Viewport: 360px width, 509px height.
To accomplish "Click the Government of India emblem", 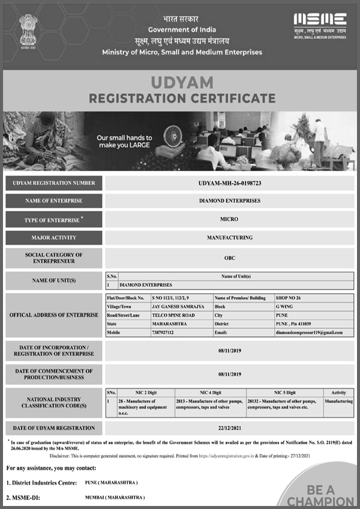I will [28, 32].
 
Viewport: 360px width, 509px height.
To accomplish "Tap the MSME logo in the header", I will [320, 26].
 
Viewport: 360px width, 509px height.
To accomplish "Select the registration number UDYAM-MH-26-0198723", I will [230, 183].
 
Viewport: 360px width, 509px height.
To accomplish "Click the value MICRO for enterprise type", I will [230, 220].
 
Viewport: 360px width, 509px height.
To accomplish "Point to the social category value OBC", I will [230, 258].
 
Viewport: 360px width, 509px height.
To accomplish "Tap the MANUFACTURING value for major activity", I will [230, 238].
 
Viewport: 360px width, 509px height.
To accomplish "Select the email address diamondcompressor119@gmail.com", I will [309, 332].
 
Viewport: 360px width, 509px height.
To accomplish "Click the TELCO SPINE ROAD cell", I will [173, 315].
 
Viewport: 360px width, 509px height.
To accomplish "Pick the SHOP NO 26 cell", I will [289, 298].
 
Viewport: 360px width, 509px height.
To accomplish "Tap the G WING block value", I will [284, 306].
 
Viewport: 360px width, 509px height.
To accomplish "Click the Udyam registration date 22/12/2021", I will [230, 428].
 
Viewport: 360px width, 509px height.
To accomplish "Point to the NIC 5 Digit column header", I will [284, 391].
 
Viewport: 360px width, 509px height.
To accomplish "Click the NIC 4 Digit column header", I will [210, 391].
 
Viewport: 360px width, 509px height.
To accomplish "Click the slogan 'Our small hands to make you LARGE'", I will [125, 142].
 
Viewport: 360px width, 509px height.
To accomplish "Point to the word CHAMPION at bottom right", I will [320, 501].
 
